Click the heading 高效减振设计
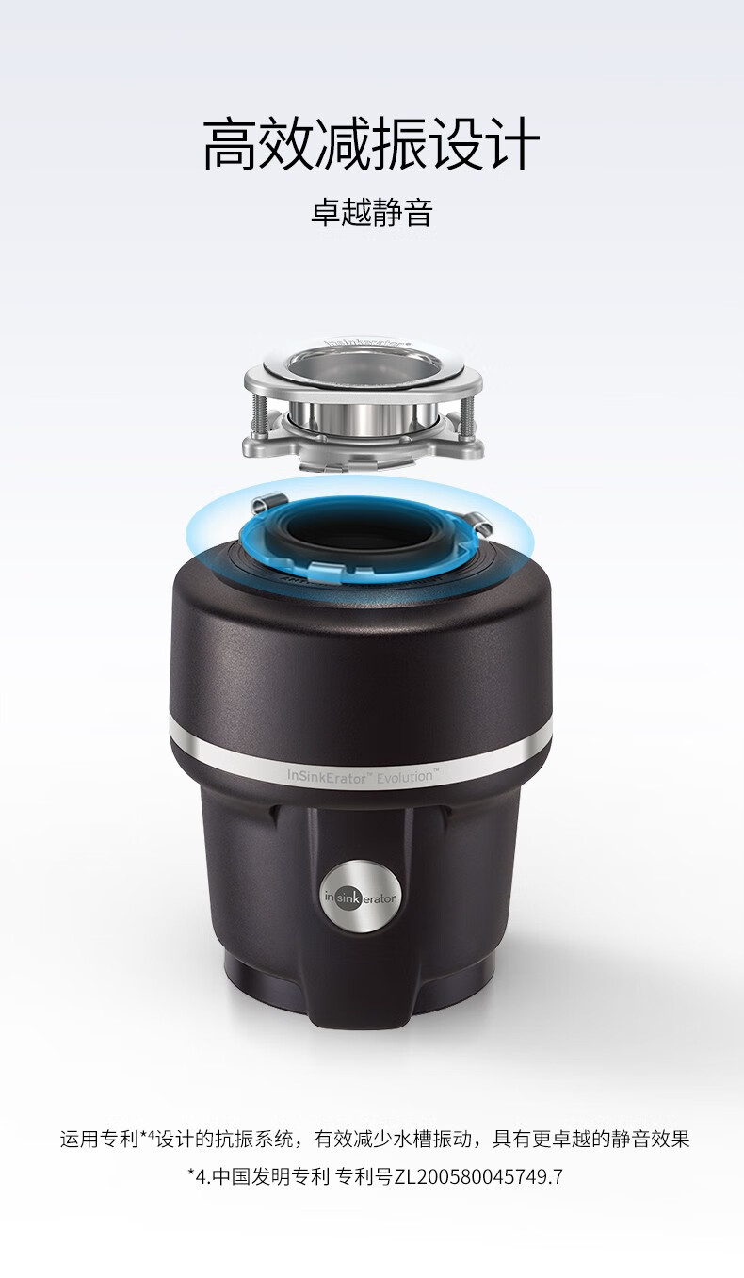(x=371, y=144)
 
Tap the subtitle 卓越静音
(x=371, y=212)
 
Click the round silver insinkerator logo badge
(x=360, y=897)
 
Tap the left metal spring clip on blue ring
(x=267, y=503)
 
